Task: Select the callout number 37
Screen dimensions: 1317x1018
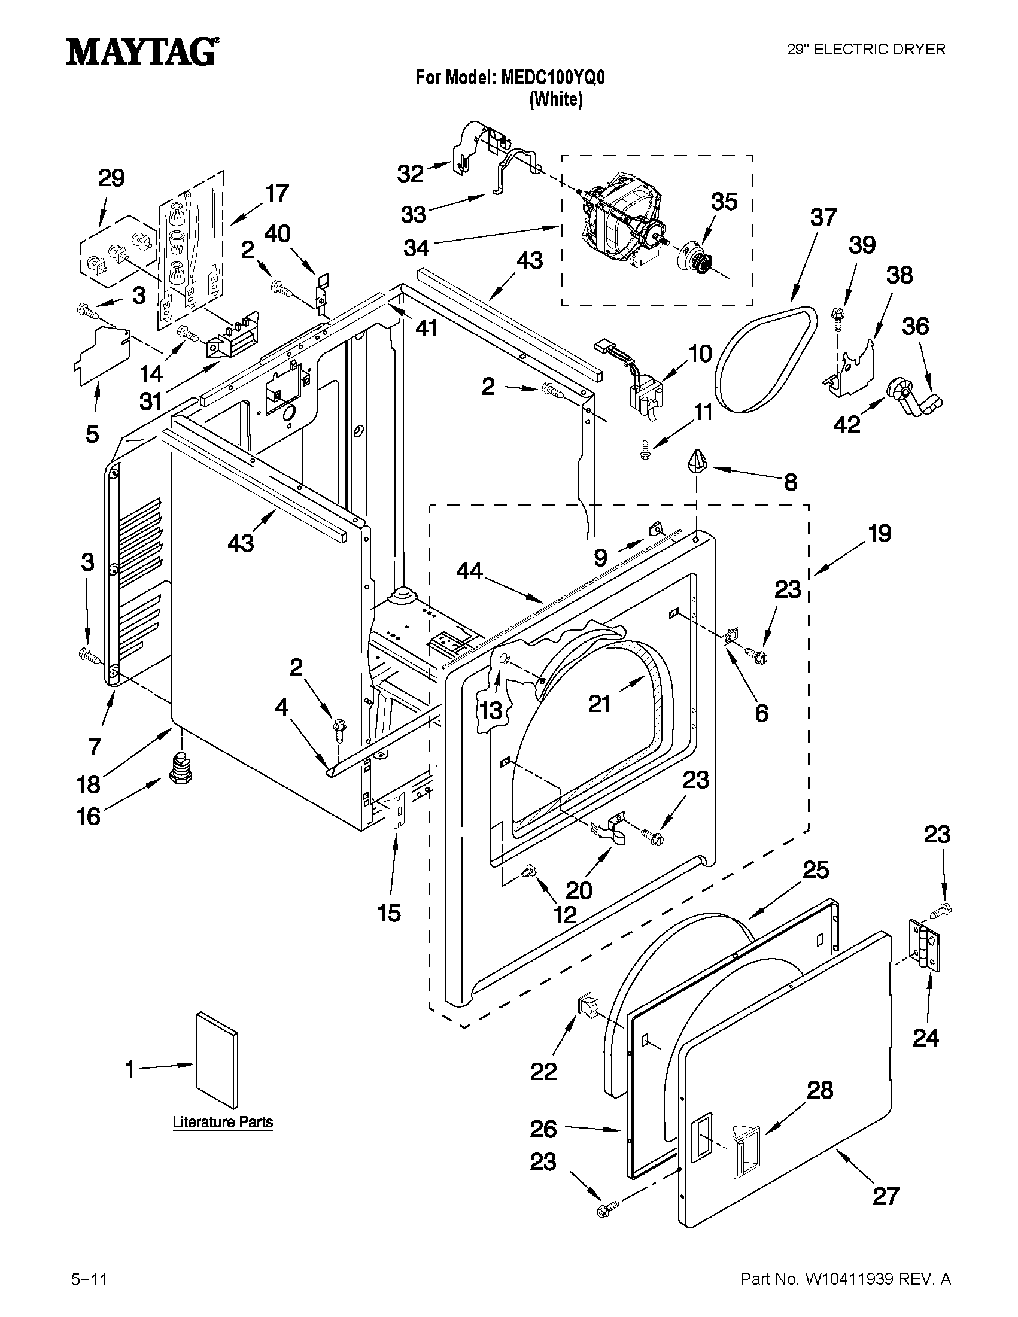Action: (823, 217)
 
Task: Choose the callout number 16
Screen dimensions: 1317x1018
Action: (89, 817)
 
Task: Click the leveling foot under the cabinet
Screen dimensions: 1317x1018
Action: (178, 769)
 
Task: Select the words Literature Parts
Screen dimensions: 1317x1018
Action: (223, 1122)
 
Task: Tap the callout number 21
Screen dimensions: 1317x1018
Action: (600, 704)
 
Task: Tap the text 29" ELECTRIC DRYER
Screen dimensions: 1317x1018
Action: (866, 50)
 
